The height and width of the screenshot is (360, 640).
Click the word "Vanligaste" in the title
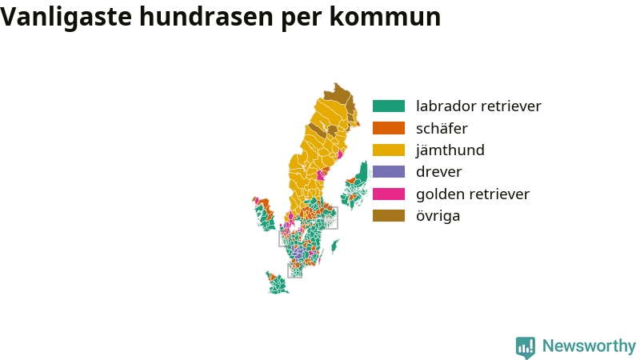[x=66, y=17]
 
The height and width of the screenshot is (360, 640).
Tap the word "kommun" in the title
[x=385, y=17]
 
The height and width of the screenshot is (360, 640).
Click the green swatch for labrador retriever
[x=389, y=106]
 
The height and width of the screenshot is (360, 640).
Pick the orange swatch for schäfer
[x=389, y=128]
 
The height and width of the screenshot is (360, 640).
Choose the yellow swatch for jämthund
[x=389, y=150]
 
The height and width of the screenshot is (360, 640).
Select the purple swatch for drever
[x=389, y=172]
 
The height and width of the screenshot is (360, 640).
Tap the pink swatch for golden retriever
[x=389, y=194]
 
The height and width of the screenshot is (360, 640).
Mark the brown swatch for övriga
[x=389, y=215]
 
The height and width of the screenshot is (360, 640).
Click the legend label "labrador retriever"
[x=478, y=106]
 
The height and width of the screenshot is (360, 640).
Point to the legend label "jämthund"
[x=450, y=150]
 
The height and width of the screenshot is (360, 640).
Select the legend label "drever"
[x=438, y=172]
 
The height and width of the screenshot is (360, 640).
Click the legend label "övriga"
[x=438, y=216]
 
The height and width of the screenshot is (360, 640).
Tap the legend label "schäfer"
[x=442, y=128]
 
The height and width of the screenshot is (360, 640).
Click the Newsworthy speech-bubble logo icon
[x=526, y=347]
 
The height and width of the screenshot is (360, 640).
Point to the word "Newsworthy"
[x=589, y=346]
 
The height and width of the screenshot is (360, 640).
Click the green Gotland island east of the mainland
[x=334, y=246]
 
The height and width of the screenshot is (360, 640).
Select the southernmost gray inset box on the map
[x=294, y=270]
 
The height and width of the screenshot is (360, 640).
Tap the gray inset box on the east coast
[x=330, y=218]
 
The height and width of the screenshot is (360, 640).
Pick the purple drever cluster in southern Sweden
[x=298, y=254]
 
